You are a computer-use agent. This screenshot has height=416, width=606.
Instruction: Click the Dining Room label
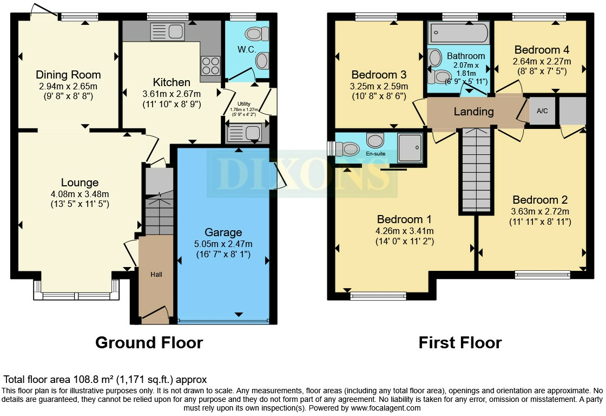(68, 75)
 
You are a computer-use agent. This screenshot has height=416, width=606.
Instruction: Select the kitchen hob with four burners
(210, 66)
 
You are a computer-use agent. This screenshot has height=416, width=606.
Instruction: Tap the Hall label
(156, 275)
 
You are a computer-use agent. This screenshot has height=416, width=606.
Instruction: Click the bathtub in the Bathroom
(459, 34)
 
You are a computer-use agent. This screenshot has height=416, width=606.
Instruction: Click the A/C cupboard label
(542, 111)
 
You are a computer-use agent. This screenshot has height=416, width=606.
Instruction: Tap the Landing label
(473, 112)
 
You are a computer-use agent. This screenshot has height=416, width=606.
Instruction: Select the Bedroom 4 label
(542, 50)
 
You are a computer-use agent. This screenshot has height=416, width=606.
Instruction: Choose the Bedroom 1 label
(404, 219)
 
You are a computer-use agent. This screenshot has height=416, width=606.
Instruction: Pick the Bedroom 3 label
(379, 75)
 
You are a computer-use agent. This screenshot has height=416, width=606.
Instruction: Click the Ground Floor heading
(149, 342)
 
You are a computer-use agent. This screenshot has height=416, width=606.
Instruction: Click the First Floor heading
(460, 342)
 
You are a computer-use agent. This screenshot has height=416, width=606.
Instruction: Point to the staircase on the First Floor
(476, 171)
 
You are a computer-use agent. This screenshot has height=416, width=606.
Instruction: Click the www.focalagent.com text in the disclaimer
(385, 408)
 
